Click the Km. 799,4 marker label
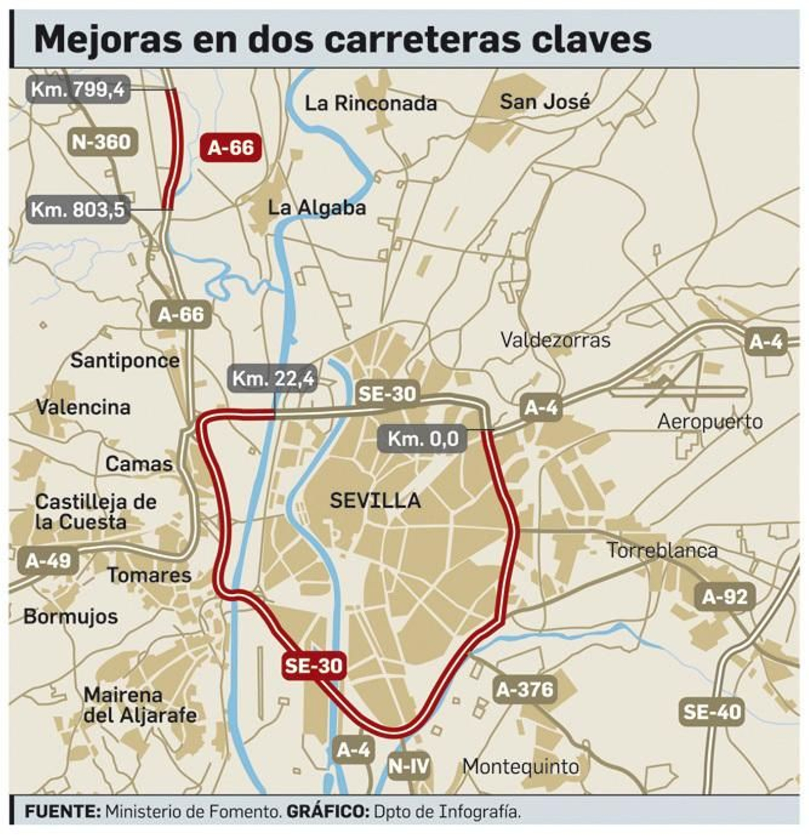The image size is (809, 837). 77,90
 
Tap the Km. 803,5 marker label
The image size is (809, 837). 78,209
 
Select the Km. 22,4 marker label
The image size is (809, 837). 273,378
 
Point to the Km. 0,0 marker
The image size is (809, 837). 423,438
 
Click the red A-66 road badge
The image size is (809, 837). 231,148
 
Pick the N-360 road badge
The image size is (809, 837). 102,142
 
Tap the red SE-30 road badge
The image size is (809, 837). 314,666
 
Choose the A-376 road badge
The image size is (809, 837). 525,689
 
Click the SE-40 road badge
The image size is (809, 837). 712,712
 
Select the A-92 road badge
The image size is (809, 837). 725,597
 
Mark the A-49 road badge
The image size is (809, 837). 49,561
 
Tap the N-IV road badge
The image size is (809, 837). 409,766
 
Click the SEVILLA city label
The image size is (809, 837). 375,501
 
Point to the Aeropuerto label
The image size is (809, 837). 710,422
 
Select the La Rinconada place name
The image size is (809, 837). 371,104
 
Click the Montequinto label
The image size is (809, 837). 521,767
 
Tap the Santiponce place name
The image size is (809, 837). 125,361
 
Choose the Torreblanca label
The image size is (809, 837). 662,551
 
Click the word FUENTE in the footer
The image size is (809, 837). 63,812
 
